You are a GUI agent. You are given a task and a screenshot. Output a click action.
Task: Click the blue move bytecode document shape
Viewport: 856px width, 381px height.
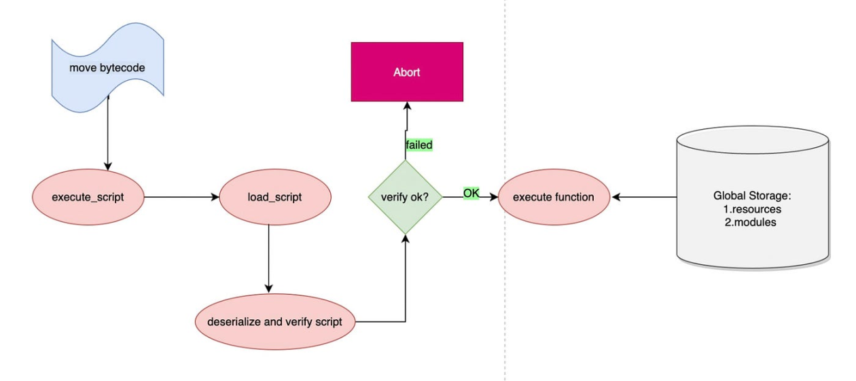[x=107, y=69]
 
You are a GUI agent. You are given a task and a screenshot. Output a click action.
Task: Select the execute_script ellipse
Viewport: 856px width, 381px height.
[x=88, y=198]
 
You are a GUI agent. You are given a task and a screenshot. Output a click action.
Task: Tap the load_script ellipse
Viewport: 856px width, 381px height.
[x=274, y=198]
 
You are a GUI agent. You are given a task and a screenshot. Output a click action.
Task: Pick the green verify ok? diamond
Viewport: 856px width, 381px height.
[x=405, y=198]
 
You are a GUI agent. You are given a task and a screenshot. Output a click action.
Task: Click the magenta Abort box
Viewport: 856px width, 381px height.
[x=406, y=72]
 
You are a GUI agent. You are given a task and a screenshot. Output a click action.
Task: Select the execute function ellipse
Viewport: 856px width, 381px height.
[x=553, y=198]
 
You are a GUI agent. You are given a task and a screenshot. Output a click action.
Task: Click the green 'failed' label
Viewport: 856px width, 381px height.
[x=419, y=145]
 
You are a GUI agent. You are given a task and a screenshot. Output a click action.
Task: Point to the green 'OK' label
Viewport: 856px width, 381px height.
[x=471, y=194]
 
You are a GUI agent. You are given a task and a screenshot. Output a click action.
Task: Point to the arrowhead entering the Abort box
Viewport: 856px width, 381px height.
[x=406, y=106]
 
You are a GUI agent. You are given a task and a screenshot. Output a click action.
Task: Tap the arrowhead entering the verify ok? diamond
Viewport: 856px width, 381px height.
[x=405, y=240]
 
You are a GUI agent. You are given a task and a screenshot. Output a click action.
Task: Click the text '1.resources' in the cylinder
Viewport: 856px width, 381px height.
[x=752, y=209]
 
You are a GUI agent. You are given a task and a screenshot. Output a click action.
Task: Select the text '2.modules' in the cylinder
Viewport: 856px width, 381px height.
[x=752, y=222]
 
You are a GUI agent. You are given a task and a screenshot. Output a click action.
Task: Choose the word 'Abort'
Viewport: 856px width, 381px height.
[x=406, y=72]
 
